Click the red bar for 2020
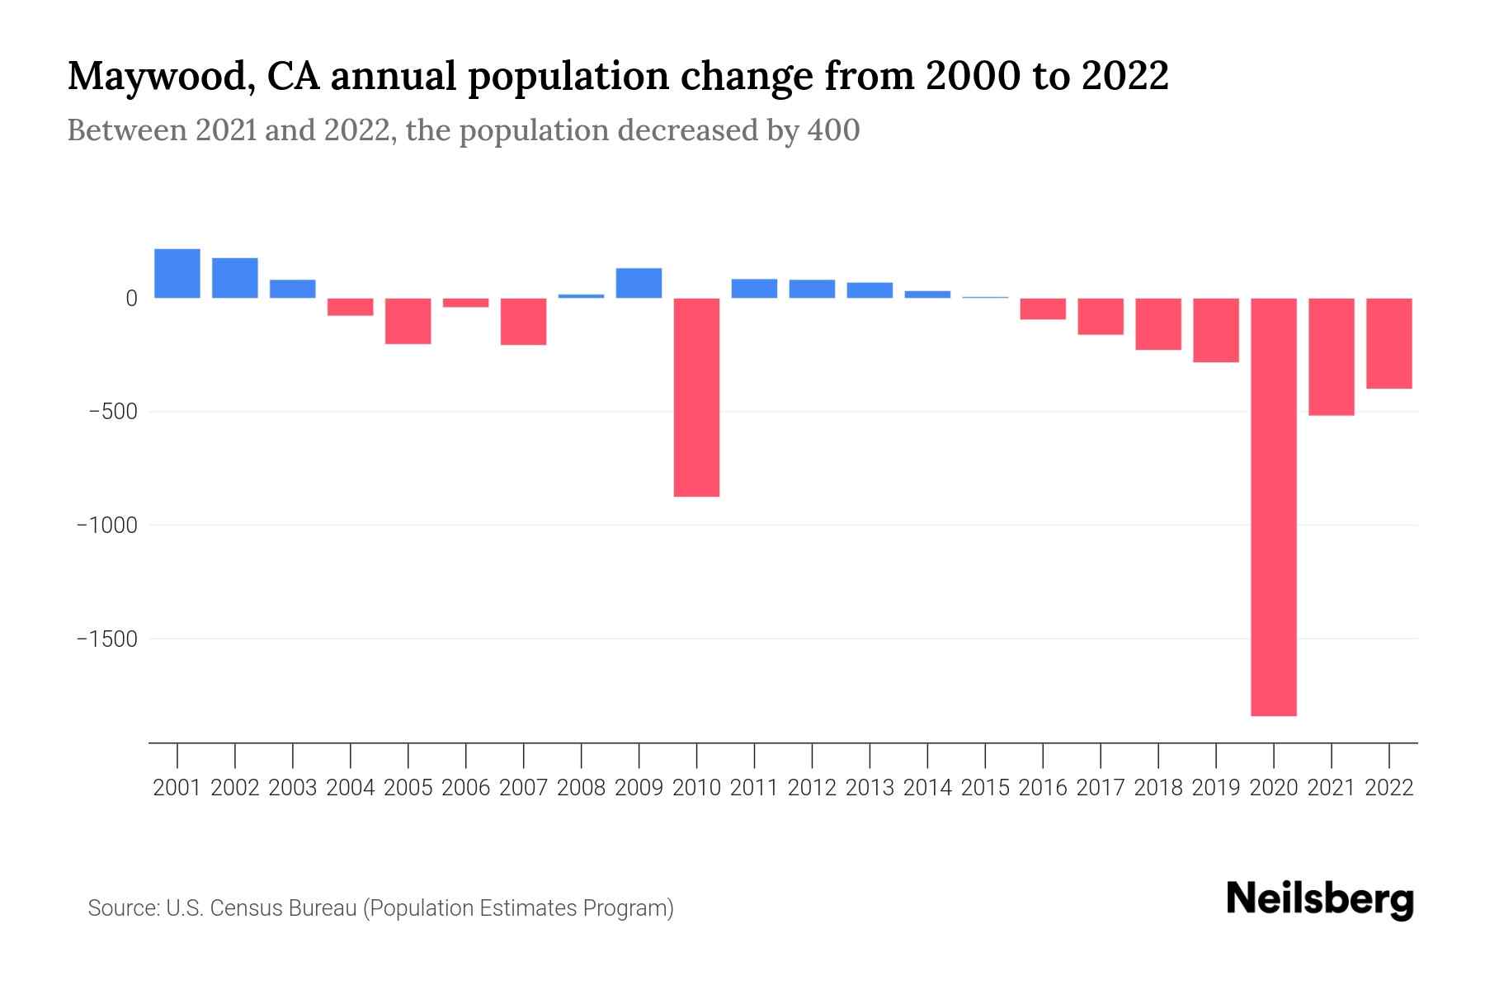tap(1273, 507)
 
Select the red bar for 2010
tap(696, 397)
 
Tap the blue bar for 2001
tap(177, 273)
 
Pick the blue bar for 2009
tap(639, 283)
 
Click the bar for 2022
tap(1388, 343)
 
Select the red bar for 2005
tap(408, 321)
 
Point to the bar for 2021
tap(1331, 356)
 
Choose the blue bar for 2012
tap(812, 289)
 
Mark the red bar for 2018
tap(1157, 324)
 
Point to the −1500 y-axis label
tap(106, 639)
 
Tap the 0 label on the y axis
tap(130, 299)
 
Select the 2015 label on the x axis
tap(985, 788)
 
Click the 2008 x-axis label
tap(582, 788)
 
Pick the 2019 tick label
tap(1215, 788)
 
